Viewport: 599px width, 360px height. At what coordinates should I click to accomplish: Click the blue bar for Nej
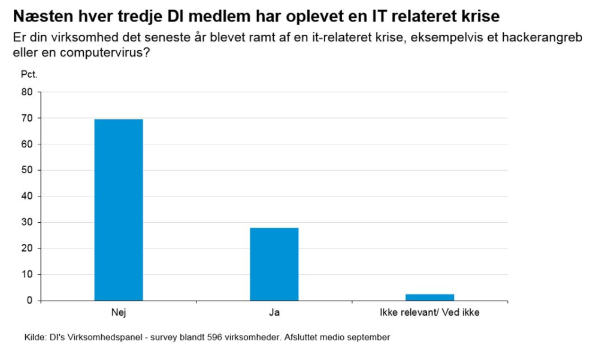click(119, 210)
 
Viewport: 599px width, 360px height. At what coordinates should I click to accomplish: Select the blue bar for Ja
click(274, 264)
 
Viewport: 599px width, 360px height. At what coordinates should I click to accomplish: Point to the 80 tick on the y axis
click(28, 92)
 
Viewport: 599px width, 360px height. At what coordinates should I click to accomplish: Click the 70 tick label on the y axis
click(28, 118)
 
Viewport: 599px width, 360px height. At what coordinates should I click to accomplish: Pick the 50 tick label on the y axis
click(28, 170)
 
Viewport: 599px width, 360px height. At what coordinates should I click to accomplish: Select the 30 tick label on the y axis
click(28, 222)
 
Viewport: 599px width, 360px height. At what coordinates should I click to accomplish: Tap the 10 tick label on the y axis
click(28, 274)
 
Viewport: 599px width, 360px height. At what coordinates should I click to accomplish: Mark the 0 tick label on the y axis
click(30, 300)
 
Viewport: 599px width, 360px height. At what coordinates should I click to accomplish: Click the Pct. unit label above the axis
click(29, 75)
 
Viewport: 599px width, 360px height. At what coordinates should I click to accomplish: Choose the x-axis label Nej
click(119, 312)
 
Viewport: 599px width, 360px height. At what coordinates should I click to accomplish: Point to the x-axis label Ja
click(274, 312)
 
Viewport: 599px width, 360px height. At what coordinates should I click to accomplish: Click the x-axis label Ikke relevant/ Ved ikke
click(430, 312)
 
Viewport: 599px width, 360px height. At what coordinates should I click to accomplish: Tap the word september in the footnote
click(368, 337)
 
